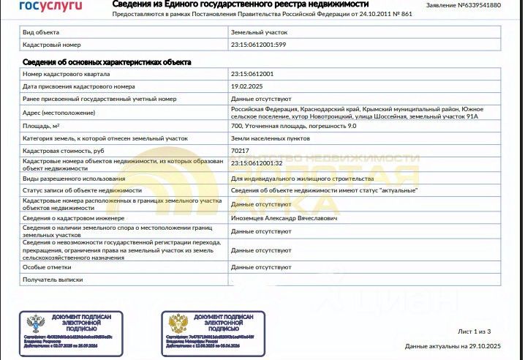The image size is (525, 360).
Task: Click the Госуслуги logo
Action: [x=50, y=6]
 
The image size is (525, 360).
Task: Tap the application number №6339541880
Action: [x=473, y=5]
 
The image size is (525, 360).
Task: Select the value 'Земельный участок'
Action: [x=259, y=33]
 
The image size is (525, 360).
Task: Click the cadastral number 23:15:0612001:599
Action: [x=258, y=45]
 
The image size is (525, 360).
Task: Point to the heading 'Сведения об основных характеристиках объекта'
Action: [x=107, y=62]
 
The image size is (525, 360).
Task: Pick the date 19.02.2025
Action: [x=247, y=86]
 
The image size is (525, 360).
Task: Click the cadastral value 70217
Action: [x=239, y=150]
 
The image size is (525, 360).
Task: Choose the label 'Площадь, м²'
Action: [x=41, y=126]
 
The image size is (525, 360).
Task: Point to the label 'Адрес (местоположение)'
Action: [x=59, y=113]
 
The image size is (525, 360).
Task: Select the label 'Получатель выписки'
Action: [x=53, y=280]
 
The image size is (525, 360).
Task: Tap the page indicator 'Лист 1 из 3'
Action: [x=480, y=331]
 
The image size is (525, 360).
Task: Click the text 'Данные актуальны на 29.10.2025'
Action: [x=453, y=345]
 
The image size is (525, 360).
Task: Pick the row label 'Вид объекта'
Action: [x=41, y=33]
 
